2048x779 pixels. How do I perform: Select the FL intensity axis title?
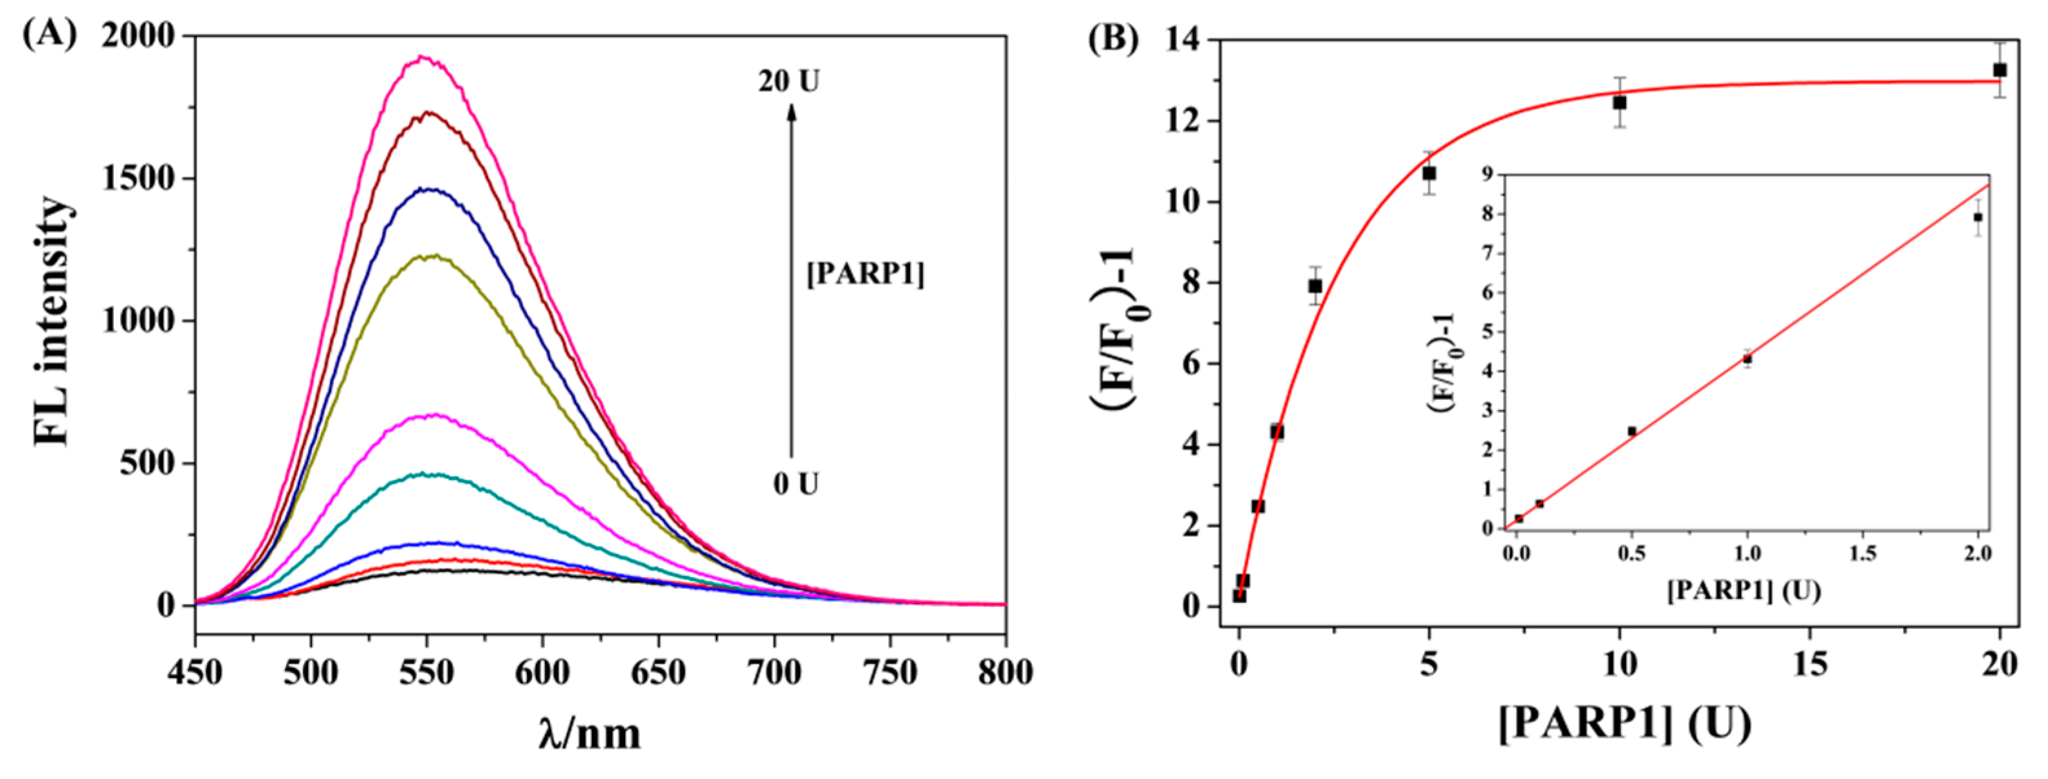coord(54,322)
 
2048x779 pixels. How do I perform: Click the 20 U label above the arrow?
coord(788,81)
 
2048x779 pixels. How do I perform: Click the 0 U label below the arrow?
coord(796,483)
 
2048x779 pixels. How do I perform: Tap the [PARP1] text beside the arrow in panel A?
coord(865,275)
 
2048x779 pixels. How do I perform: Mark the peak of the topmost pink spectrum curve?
coord(424,57)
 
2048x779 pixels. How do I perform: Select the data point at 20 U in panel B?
coord(1999,70)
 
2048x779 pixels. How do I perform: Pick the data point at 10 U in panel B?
coord(1619,102)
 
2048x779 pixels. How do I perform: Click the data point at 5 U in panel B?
coord(1429,173)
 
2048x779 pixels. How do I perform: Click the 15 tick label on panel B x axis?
coord(1810,664)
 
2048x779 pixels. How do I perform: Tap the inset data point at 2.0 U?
coord(1978,217)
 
